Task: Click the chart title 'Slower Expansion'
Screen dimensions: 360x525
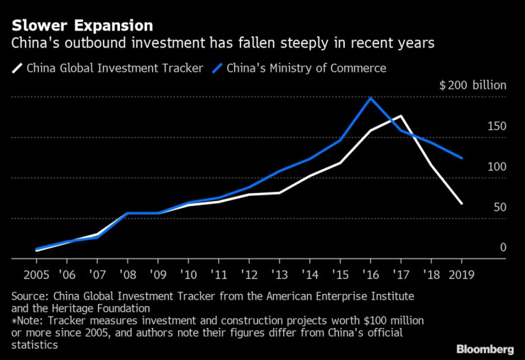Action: pos(82,26)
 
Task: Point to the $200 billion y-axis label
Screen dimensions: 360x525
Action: pos(472,85)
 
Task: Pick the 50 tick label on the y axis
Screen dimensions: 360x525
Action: pos(499,207)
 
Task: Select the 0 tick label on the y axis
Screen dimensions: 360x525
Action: pos(503,248)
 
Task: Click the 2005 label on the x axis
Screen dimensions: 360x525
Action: pos(36,274)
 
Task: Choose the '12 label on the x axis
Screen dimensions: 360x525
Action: pos(248,274)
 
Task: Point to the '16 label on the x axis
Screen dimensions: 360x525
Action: pos(370,274)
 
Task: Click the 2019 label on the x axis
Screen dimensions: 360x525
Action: pos(462,274)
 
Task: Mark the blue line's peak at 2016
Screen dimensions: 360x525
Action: pos(370,97)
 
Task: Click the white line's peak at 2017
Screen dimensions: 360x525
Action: pos(402,116)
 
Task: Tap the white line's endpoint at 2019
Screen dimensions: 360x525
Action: pos(462,204)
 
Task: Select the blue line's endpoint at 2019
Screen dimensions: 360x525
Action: pos(462,158)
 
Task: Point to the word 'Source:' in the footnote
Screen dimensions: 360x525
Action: pos(32,295)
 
